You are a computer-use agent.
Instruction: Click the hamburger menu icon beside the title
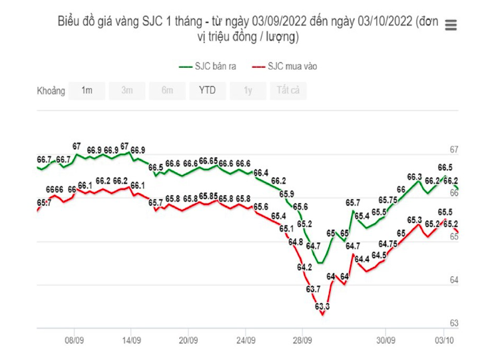(x=451, y=26)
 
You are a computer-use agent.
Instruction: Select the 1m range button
(x=87, y=90)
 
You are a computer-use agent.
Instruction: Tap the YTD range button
(x=207, y=90)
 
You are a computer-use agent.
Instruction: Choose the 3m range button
(x=127, y=90)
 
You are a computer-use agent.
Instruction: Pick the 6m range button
(x=167, y=90)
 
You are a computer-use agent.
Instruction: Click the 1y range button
(x=248, y=90)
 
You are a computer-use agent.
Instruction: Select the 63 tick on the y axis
(x=455, y=323)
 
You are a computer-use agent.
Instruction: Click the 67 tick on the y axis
(x=455, y=149)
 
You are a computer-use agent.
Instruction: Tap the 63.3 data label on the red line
(x=322, y=306)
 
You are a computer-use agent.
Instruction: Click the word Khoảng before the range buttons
(x=51, y=90)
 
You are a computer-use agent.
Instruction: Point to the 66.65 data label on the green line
(x=208, y=161)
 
